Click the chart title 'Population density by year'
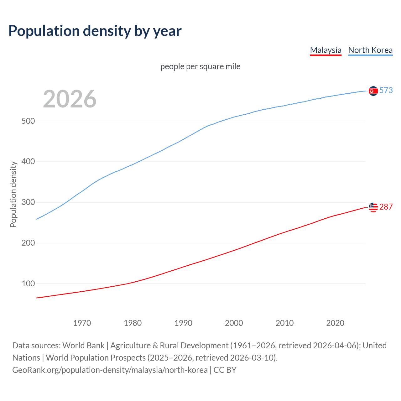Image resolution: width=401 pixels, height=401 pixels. coord(95,31)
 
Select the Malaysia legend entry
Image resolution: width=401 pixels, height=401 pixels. coord(325,50)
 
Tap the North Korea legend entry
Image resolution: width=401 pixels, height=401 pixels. coord(370,50)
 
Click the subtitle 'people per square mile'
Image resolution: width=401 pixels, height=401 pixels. coord(200,66)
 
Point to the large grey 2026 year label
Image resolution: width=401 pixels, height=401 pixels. coord(70,99)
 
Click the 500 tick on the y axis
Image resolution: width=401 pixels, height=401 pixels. coord(28,121)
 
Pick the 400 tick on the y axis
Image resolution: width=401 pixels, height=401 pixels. coord(28,162)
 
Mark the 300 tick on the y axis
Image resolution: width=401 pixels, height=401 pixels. coord(28,202)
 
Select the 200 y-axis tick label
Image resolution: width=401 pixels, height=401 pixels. coord(28,243)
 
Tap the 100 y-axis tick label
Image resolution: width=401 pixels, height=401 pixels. coord(28,284)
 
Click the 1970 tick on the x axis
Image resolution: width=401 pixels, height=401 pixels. coord(82,323)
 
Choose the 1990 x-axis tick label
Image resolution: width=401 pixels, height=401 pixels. coord(183,323)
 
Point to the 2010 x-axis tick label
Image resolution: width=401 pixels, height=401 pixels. coord(284,323)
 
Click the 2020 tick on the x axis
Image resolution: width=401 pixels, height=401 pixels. coord(335,323)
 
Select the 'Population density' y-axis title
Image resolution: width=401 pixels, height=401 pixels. coord(13,194)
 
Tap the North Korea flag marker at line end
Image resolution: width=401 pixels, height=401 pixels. coord(373,91)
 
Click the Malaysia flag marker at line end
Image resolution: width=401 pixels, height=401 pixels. coord(373,207)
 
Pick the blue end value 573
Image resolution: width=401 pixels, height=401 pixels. coord(386,91)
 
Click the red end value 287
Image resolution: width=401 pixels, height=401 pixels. coord(386,207)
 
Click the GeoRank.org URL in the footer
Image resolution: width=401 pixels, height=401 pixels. coord(110,370)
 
